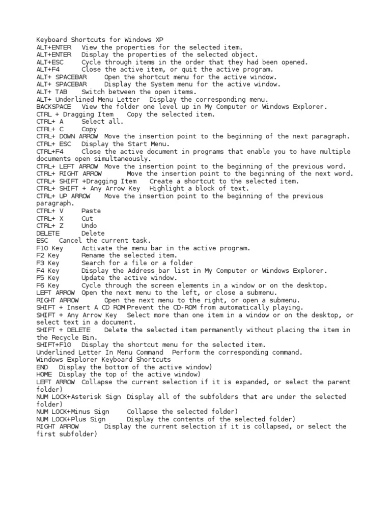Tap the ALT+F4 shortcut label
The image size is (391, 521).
pos(48,69)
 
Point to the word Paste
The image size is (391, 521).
pos(91,211)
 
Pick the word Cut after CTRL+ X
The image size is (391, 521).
pos(87,218)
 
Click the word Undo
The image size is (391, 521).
pos(89,225)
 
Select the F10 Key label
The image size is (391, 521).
pos(50,248)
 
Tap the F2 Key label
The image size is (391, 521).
pos(48,255)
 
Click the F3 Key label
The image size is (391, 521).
pos(48,263)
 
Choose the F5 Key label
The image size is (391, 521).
pos(48,278)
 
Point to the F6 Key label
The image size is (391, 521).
pos(48,285)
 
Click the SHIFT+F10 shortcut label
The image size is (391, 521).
pos(53,344)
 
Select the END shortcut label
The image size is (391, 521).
pos(42,367)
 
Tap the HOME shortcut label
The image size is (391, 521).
pos(44,374)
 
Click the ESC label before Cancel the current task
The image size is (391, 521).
pos(42,240)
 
